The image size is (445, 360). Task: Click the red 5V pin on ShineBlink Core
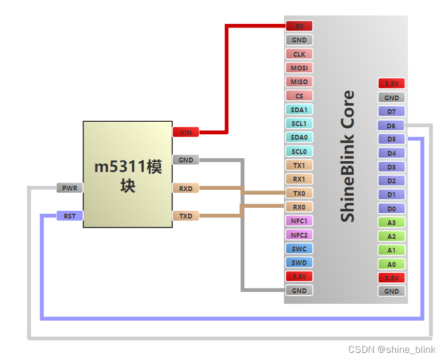coord(299,26)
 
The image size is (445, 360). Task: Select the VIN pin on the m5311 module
coord(186,132)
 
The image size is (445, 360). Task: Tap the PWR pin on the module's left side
coord(70,188)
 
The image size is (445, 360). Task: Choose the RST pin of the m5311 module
coord(70,216)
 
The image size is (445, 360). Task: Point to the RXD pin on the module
coord(186,188)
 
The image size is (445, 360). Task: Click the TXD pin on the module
coord(186,216)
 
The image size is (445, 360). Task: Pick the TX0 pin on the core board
coord(299,193)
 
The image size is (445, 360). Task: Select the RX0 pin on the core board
coord(299,207)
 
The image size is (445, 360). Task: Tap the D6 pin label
coord(391,125)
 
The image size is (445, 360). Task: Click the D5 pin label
coord(391,139)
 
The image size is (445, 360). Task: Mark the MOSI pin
coord(299,68)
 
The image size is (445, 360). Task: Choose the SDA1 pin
coord(299,110)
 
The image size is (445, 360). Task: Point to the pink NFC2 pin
coord(299,235)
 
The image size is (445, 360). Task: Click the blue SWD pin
coord(299,263)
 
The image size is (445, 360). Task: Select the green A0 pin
coord(391,264)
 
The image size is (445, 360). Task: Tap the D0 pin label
coord(391,208)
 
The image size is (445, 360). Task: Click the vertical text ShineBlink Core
coord(347,156)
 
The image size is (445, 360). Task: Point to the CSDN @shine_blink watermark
coord(392,350)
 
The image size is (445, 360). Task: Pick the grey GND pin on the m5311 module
coord(186,160)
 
